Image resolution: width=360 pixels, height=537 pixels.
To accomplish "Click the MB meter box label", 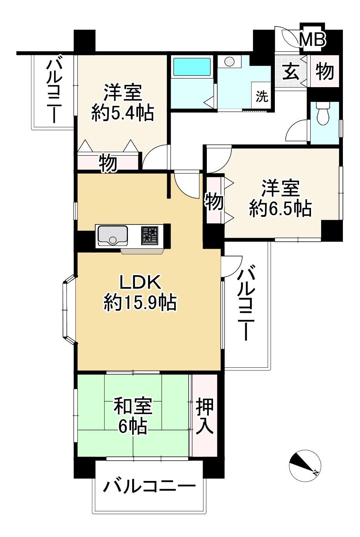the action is click(x=313, y=40).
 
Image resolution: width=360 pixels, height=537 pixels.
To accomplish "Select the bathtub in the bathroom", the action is click(x=192, y=67).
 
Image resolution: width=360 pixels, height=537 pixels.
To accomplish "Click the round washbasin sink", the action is click(x=229, y=61).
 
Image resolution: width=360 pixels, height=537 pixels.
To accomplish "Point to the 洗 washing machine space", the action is click(x=262, y=97).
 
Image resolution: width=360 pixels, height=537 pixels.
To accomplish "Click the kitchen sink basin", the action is click(x=113, y=236).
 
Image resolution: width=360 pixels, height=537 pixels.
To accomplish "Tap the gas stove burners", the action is click(x=149, y=235).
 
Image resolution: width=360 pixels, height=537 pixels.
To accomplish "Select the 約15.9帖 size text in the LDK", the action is click(x=140, y=303).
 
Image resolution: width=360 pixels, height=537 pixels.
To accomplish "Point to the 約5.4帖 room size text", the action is click(x=122, y=113).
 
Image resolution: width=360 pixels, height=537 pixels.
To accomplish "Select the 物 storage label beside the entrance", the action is click(x=325, y=72).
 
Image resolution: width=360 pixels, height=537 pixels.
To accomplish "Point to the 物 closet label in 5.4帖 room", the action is click(x=108, y=164).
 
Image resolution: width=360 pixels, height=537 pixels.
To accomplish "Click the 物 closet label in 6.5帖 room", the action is click(x=214, y=202).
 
